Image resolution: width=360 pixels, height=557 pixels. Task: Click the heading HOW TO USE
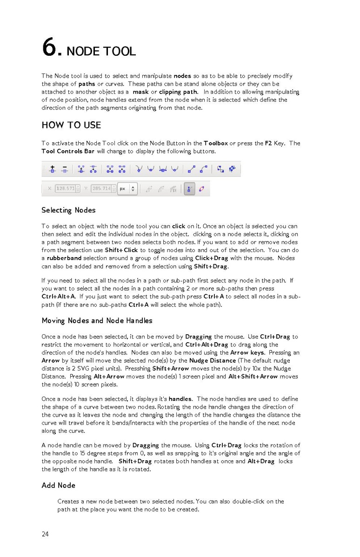(71, 125)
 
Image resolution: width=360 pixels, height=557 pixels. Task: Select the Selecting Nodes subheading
(68, 210)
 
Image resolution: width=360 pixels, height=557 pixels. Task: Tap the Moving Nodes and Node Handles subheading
(97, 321)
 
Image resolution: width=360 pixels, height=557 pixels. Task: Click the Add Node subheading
(58, 485)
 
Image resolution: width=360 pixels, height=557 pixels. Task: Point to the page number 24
(45, 534)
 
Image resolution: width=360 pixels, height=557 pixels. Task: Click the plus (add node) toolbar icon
(53, 170)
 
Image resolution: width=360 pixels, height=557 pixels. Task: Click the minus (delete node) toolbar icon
(65, 170)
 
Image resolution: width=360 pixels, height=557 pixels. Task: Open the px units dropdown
(127, 189)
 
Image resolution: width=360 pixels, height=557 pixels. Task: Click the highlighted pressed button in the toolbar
(189, 189)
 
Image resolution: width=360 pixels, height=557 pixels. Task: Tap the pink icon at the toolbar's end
(202, 189)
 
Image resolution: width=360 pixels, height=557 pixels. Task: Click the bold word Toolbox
(216, 143)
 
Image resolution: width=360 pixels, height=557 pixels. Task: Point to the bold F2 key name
(268, 143)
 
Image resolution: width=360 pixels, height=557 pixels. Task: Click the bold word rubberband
(64, 258)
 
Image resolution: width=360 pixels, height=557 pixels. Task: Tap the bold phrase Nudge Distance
(213, 360)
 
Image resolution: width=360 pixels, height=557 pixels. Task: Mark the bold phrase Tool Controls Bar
(68, 152)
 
